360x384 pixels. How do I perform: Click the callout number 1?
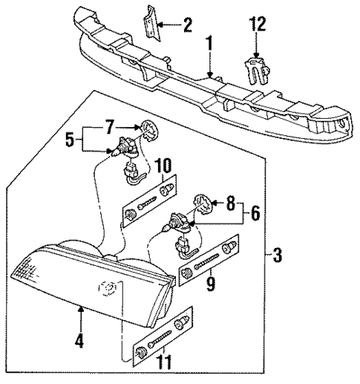click(211, 45)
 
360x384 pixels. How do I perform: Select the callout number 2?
click(187, 27)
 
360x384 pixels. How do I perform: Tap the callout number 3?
click(277, 256)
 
